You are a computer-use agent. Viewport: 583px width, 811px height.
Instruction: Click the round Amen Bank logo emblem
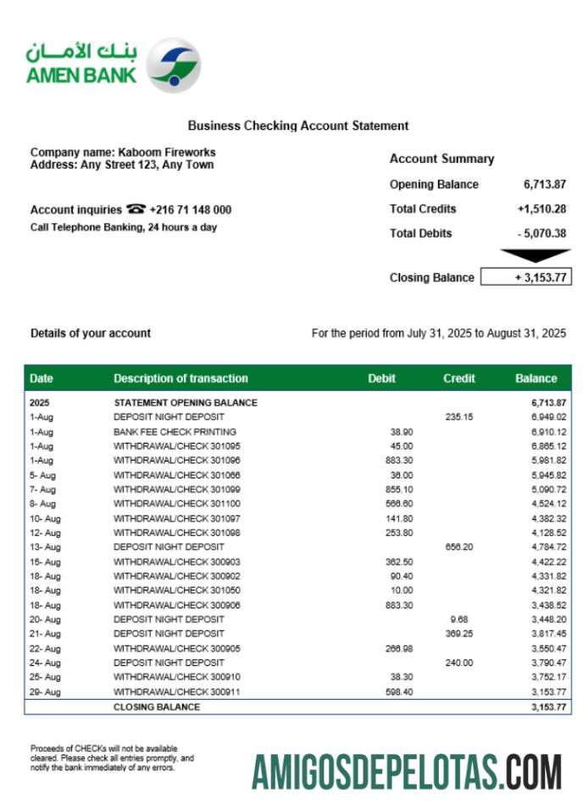click(174, 65)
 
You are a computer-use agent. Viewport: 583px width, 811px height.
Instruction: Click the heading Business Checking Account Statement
click(298, 126)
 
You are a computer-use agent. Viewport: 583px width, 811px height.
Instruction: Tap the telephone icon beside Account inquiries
click(136, 210)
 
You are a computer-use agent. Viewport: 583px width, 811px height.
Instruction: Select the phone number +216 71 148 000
click(191, 210)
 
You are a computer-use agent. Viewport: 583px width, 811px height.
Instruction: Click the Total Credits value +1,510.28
click(541, 209)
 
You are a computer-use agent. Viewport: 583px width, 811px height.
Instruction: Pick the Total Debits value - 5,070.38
click(542, 233)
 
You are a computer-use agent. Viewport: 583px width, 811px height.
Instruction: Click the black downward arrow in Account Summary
click(536, 255)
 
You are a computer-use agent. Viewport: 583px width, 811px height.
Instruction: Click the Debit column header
click(381, 378)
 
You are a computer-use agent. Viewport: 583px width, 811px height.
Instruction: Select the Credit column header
click(458, 378)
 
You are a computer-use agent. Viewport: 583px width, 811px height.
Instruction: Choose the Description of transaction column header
click(180, 378)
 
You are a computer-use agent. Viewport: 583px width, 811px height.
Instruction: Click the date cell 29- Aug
click(45, 692)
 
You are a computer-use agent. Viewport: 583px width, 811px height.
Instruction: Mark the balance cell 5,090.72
click(548, 489)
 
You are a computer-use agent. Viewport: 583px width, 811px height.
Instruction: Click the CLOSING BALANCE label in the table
click(157, 707)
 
